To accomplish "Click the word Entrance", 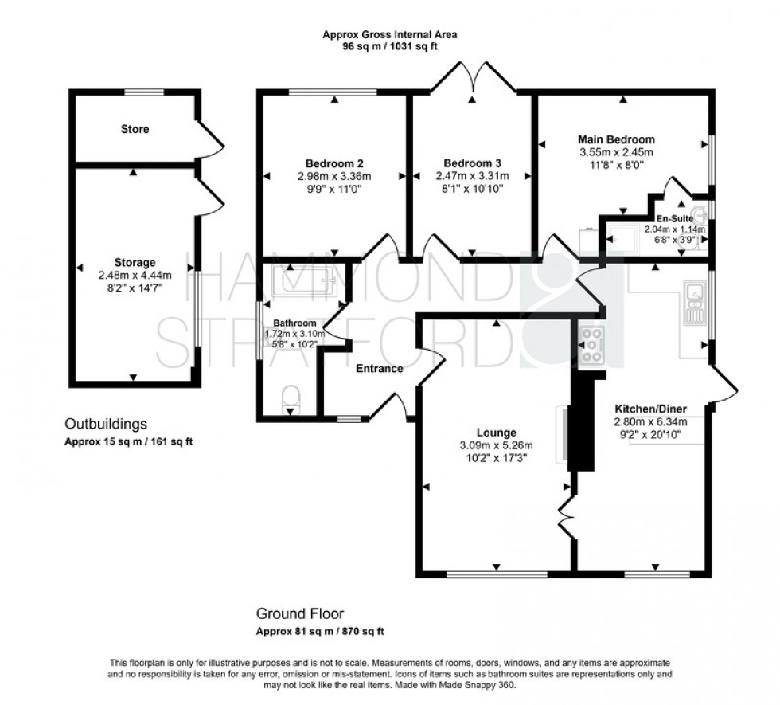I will point(379,368).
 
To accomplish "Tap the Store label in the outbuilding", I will point(135,129).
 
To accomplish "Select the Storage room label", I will point(134,262).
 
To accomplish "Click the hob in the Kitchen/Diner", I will point(591,345).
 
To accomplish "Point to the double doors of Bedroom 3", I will point(473,80).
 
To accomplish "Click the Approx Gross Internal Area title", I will point(390,35).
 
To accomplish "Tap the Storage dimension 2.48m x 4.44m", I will point(134,276).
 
